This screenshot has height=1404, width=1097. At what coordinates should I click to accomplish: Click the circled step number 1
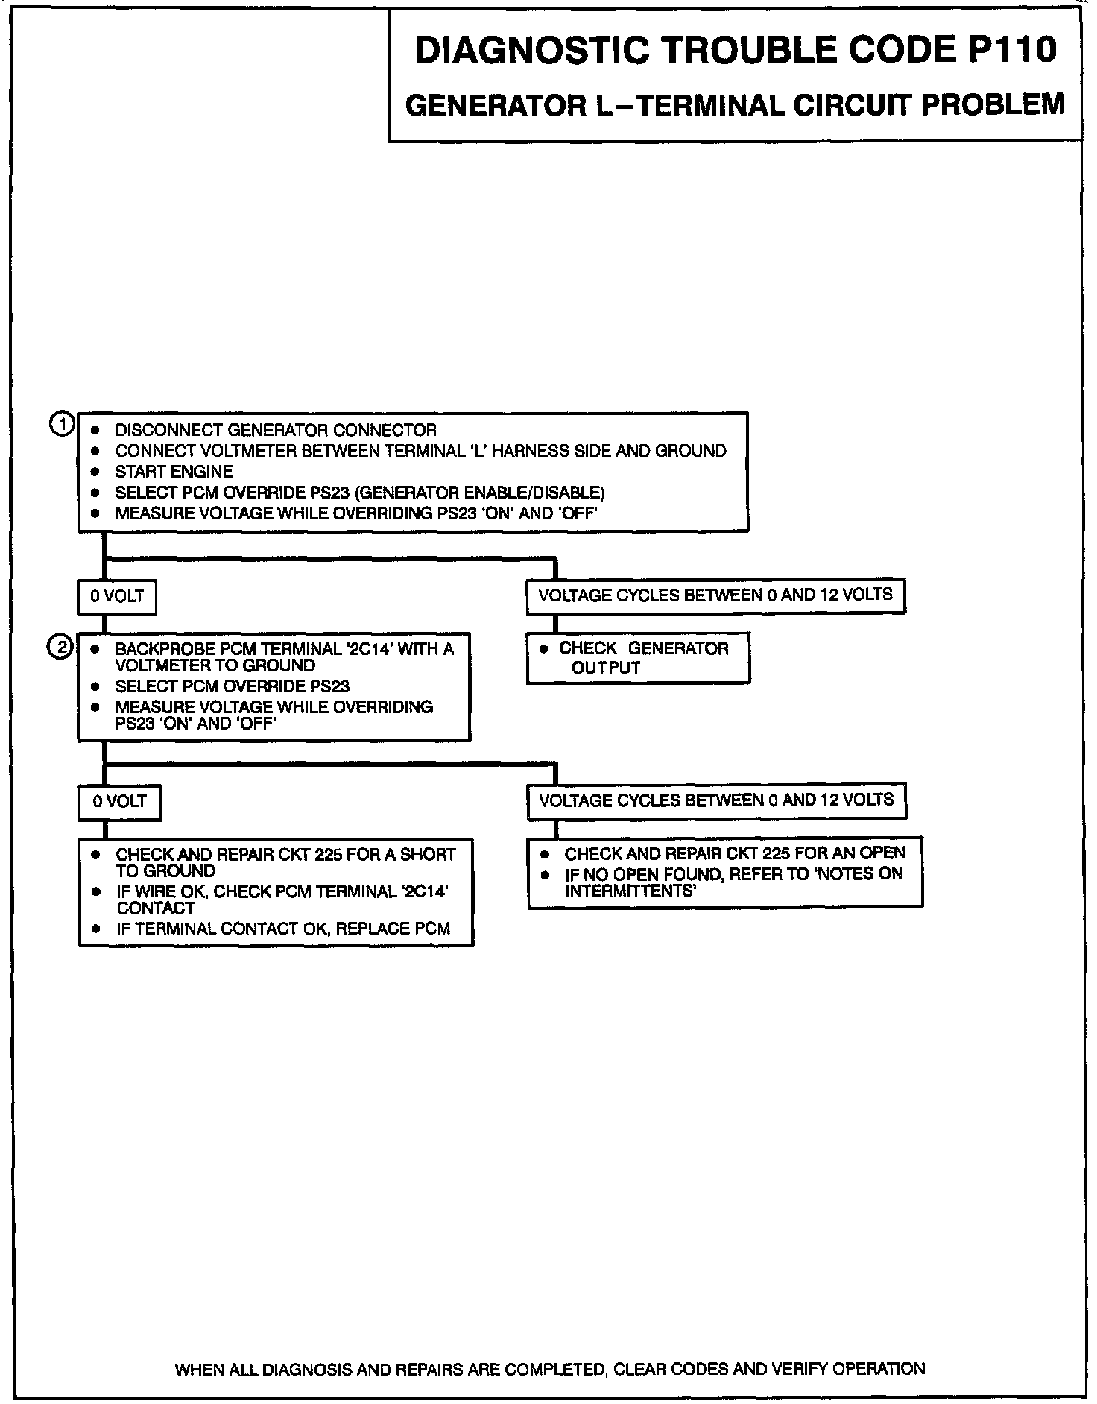(x=62, y=425)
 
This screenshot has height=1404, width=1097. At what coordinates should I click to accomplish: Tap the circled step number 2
(x=60, y=647)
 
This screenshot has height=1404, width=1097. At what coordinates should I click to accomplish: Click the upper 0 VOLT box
(x=117, y=597)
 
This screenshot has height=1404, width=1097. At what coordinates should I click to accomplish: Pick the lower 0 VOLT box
(x=119, y=803)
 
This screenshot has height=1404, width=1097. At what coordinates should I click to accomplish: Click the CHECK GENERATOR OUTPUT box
(x=638, y=658)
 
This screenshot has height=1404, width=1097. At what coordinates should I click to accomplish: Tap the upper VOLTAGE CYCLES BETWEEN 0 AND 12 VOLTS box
(x=715, y=595)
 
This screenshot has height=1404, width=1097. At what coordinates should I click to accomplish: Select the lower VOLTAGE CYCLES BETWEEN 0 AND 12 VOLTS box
(x=716, y=801)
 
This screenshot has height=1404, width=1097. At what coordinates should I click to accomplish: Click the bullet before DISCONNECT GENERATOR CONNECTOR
(x=95, y=431)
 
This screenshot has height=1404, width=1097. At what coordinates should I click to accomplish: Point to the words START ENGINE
(x=174, y=472)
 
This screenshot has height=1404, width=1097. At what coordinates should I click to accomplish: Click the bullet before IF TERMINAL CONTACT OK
(x=95, y=929)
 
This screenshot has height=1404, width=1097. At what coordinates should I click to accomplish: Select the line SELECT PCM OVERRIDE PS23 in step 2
(x=232, y=686)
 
